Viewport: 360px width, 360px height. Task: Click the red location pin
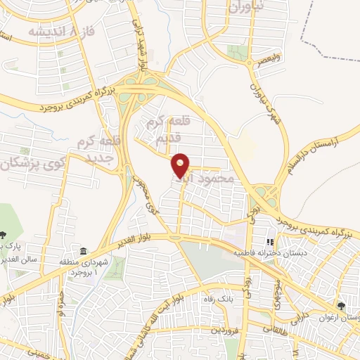coord(181,165)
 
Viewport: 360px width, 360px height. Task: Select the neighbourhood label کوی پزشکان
coord(28,163)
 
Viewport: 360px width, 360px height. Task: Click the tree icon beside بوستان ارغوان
coord(341,306)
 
